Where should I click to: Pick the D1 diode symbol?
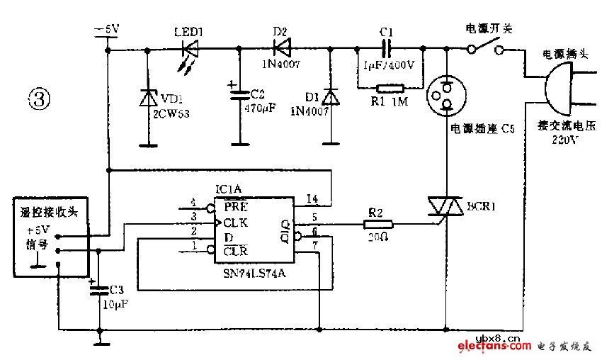[x=330, y=97]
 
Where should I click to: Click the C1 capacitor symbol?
[x=387, y=49]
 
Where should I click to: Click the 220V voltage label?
[x=564, y=139]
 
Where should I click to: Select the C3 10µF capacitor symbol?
[x=98, y=287]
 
